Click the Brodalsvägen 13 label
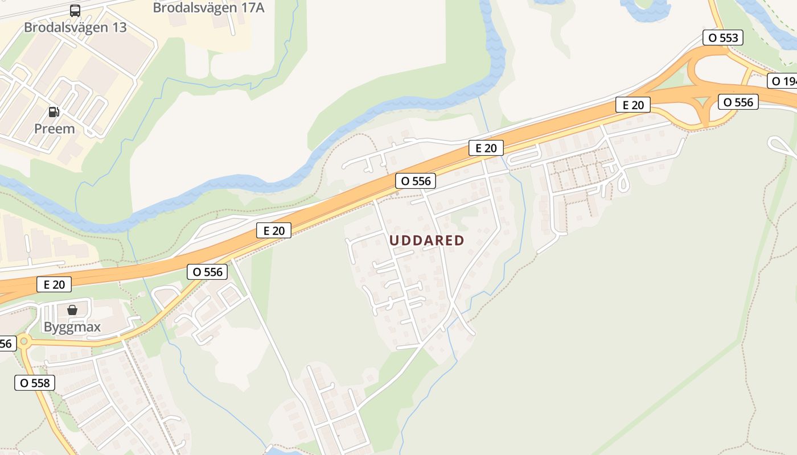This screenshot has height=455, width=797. (x=75, y=27)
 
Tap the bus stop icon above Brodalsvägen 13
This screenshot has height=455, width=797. (x=75, y=10)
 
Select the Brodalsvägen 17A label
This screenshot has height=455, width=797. (x=208, y=8)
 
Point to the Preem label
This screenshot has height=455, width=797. (x=55, y=129)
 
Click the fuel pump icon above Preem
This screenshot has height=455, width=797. (x=54, y=112)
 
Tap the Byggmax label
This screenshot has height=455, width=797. (x=72, y=327)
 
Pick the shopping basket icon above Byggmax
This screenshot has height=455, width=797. (x=72, y=310)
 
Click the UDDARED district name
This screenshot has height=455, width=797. (x=427, y=241)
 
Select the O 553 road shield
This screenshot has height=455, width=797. (x=723, y=38)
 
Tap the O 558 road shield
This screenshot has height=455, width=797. (x=35, y=383)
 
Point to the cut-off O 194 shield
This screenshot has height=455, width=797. (x=783, y=81)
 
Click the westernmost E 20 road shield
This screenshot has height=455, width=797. (x=54, y=284)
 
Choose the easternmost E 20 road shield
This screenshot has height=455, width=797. (x=632, y=105)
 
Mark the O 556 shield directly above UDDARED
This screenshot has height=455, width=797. (x=416, y=181)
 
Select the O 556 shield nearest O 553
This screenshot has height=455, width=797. (x=738, y=102)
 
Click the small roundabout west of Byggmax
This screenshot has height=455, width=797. (x=23, y=342)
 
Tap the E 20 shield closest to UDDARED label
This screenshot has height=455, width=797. (x=486, y=148)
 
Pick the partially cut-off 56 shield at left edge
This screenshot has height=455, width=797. (x=6, y=344)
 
